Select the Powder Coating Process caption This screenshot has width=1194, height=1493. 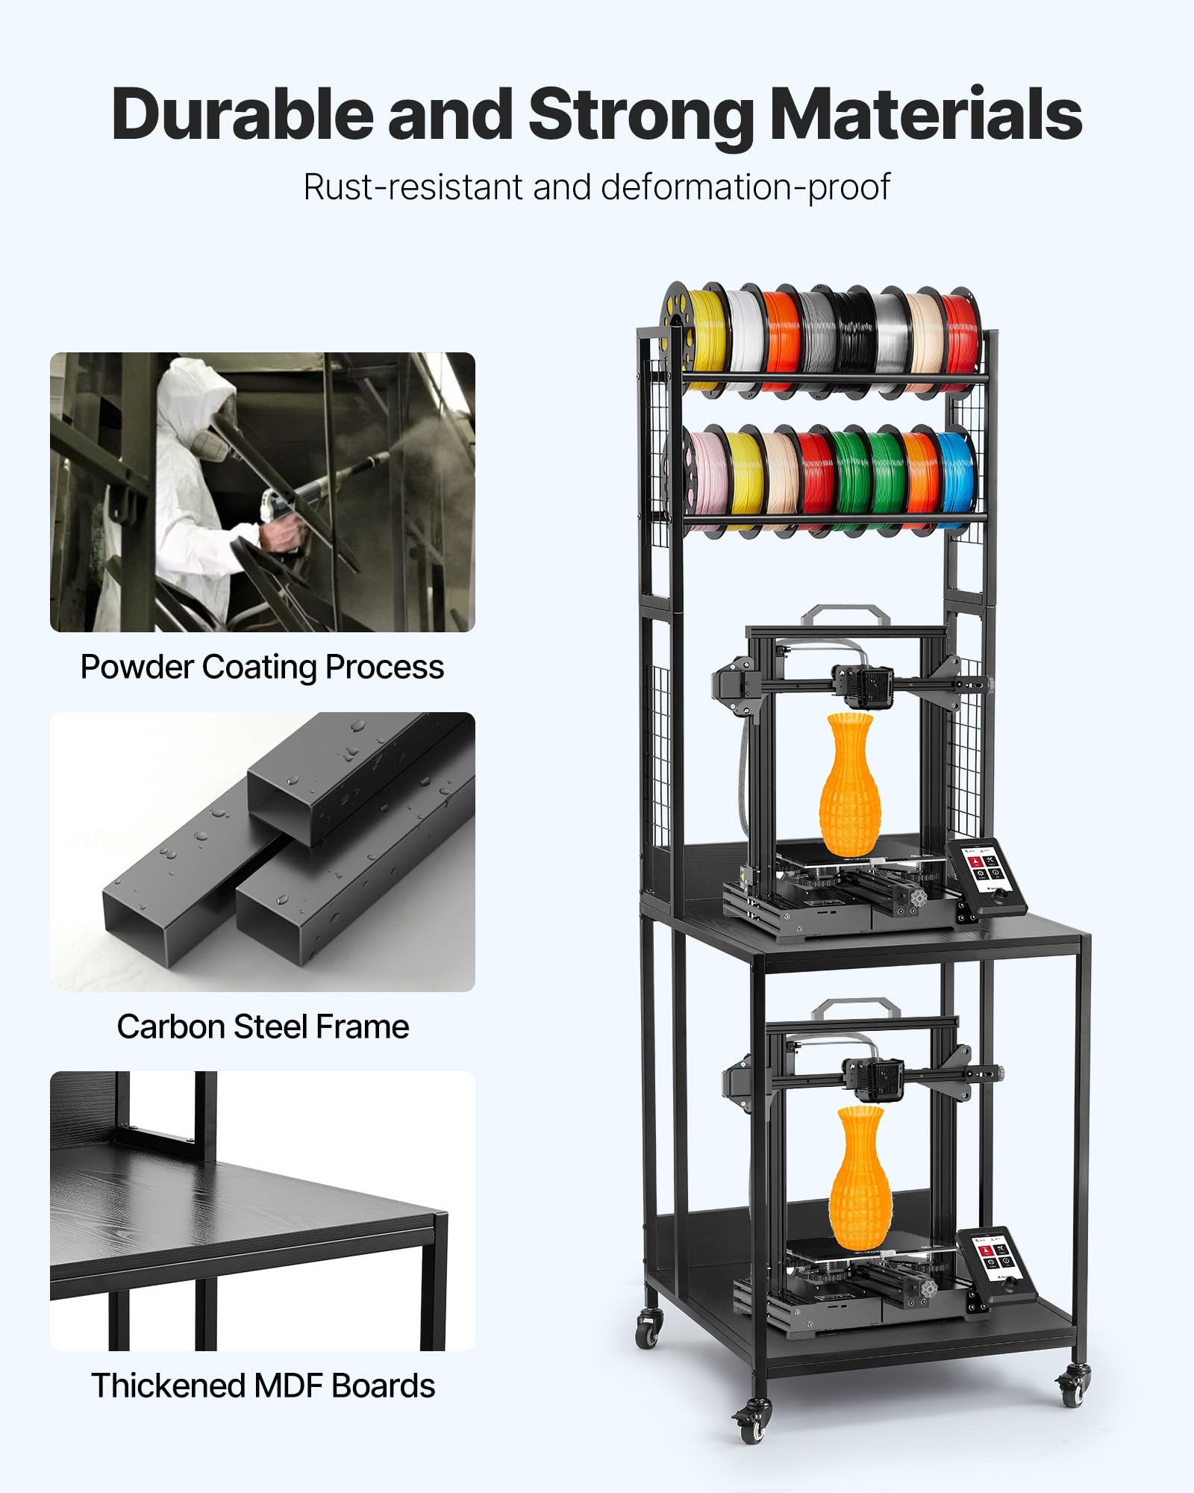point(262,667)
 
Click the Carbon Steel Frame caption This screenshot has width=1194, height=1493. point(263,1026)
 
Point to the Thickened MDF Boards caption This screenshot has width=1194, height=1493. point(263,1386)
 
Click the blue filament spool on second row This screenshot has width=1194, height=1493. point(956,473)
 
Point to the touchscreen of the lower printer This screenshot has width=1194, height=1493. point(995,1259)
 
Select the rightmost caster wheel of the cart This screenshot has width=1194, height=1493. point(1073,1387)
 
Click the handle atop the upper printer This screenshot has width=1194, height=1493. point(845,614)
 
